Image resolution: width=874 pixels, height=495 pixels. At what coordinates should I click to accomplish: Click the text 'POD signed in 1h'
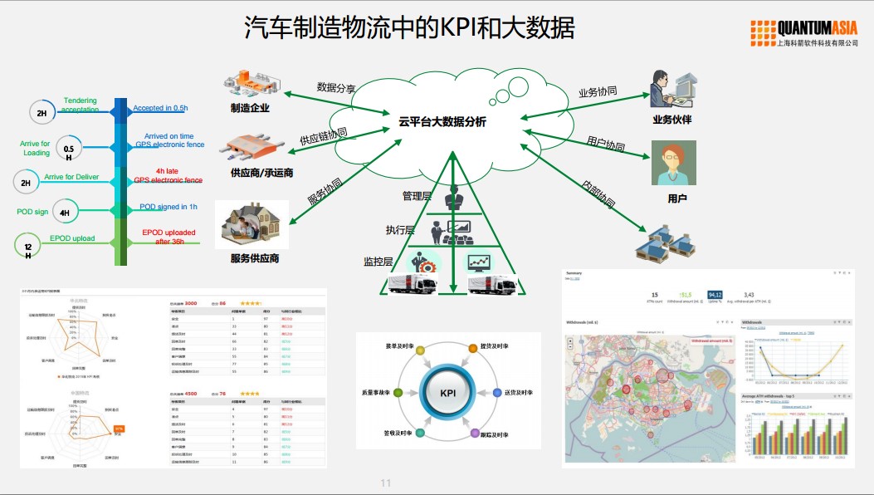(x=168, y=207)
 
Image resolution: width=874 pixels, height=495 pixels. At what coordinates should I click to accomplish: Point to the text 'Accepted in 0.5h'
(x=160, y=108)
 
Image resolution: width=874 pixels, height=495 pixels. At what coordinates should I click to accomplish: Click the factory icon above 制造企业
(x=254, y=84)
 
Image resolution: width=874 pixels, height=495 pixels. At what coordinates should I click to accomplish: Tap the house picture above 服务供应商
(x=252, y=224)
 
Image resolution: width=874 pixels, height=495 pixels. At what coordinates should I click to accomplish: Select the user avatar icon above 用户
(x=673, y=164)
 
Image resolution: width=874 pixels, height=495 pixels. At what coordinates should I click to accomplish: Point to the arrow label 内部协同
(x=598, y=193)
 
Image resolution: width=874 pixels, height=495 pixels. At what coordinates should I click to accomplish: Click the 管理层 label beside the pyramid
(x=417, y=196)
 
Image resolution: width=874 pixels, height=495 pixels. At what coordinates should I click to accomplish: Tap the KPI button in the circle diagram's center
(x=448, y=393)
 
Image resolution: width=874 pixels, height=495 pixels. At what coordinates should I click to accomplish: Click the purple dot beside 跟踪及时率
(x=476, y=434)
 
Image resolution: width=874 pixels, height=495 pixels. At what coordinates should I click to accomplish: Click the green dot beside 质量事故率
(x=398, y=392)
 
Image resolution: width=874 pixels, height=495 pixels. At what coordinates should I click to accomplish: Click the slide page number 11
(x=385, y=483)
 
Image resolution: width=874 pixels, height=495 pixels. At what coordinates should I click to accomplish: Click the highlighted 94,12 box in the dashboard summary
(x=715, y=295)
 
